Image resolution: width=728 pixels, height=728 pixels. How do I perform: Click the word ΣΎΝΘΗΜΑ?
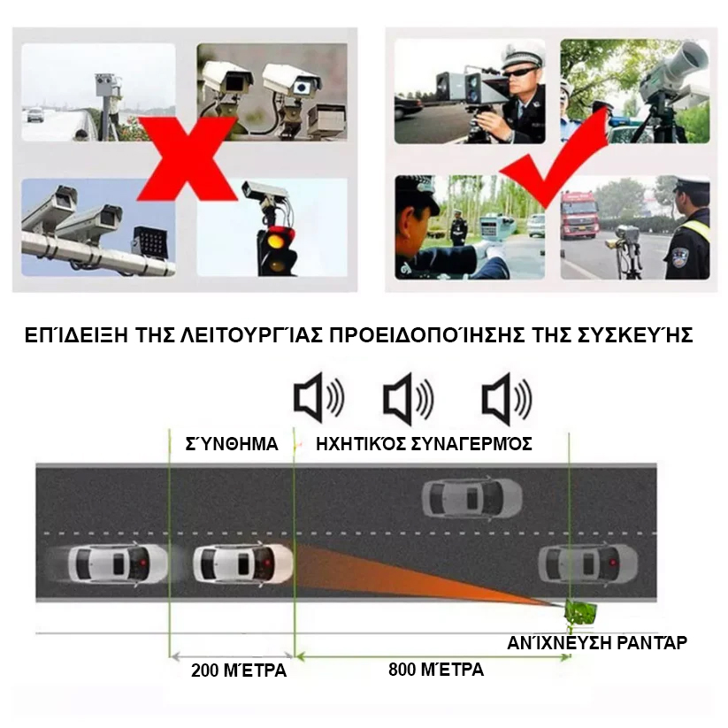(232, 444)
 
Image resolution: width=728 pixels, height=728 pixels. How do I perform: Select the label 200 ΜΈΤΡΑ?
(239, 671)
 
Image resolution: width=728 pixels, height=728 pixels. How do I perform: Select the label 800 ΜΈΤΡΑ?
(436, 670)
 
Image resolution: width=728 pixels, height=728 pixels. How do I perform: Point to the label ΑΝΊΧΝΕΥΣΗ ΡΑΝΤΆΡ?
(596, 642)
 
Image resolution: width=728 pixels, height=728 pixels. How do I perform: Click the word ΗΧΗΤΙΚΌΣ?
(361, 444)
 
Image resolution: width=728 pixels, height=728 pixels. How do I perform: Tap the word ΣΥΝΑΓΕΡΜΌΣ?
(471, 444)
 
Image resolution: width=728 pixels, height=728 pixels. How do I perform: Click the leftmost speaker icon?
(319, 398)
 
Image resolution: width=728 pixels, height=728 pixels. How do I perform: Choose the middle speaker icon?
(409, 398)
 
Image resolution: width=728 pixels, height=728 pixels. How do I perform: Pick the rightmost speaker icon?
(507, 398)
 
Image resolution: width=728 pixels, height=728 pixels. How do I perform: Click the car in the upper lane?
(471, 498)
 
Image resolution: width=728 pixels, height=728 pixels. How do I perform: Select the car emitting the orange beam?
(242, 563)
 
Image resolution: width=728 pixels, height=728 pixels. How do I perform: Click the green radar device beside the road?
(580, 612)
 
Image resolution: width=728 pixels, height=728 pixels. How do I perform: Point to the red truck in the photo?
(579, 214)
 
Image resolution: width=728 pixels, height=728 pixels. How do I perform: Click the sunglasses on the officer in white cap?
(520, 73)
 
